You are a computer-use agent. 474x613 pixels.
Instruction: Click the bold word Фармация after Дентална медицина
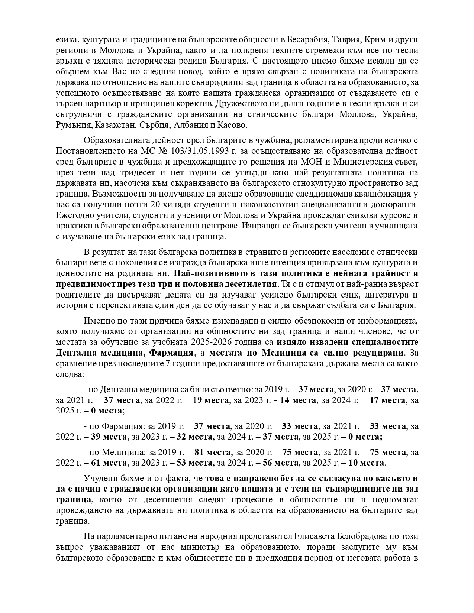click(174, 352)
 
